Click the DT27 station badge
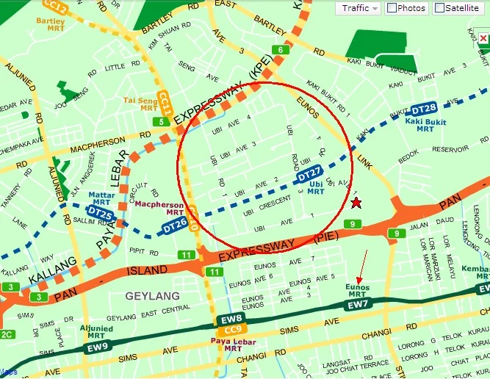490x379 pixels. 310,175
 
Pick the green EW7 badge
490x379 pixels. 358,303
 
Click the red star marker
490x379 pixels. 356,202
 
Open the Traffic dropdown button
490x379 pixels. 359,8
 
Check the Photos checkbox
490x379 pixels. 392,8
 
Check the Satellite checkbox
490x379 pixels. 440,8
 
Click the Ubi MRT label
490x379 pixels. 316,187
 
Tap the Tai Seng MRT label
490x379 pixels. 140,104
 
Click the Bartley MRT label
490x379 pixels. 50,25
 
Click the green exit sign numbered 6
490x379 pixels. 280,50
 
